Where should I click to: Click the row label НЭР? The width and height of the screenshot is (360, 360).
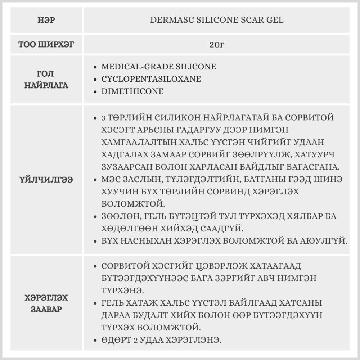click(x=46, y=20)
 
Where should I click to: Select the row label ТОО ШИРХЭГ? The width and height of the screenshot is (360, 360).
click(x=46, y=45)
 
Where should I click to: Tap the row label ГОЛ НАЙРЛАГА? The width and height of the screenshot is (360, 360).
click(x=46, y=80)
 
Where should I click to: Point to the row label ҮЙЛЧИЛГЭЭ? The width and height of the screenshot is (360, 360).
click(x=46, y=180)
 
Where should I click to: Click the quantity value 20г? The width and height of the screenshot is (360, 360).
click(x=216, y=45)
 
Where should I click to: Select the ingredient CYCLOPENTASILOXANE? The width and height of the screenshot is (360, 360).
click(x=151, y=79)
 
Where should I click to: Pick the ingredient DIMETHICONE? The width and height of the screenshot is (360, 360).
click(x=132, y=91)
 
